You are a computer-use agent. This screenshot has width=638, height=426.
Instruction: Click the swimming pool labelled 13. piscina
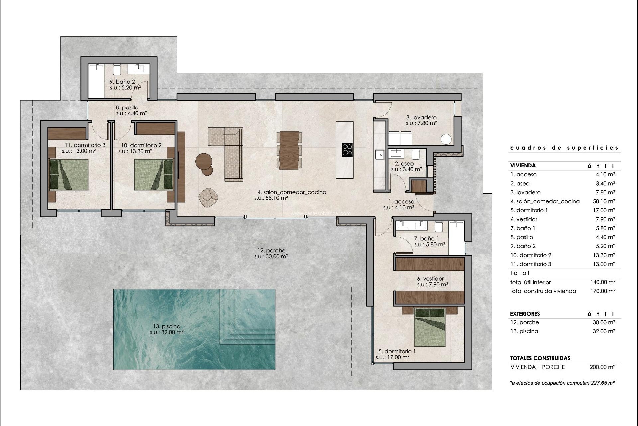pyautogui.click(x=194, y=329)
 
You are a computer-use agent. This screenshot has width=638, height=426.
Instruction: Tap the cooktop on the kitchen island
pyautogui.click(x=347, y=150)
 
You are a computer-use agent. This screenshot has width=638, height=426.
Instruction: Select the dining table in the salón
pyautogui.click(x=289, y=150)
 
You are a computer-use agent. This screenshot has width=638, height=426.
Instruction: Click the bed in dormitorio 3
pyautogui.click(x=69, y=175)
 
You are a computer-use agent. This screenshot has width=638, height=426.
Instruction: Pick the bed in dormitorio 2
pyautogui.click(x=154, y=175)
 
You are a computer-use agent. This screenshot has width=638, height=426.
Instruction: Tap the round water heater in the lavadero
pyautogui.click(x=446, y=139)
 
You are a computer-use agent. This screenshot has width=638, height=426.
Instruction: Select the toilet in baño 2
pyautogui.click(x=117, y=70)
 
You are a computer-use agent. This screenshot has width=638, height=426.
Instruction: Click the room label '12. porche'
pyautogui.click(x=271, y=251)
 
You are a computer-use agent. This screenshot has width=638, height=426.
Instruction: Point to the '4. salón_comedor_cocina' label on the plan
pyautogui.click(x=291, y=192)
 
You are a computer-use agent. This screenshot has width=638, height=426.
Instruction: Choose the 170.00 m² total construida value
pyautogui.click(x=603, y=291)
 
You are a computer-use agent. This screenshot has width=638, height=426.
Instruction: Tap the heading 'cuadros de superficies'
pyautogui.click(x=564, y=148)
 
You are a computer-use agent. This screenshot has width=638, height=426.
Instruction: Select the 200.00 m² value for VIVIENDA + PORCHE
pyautogui.click(x=603, y=367)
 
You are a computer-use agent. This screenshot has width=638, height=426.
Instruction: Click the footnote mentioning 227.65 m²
pyautogui.click(x=562, y=383)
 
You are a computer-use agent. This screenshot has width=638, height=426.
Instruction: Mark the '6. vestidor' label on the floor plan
pyautogui.click(x=430, y=279)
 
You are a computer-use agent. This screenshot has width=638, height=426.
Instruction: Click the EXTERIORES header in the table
pyautogui.click(x=525, y=314)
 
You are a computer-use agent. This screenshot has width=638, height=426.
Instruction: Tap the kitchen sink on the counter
pyautogui.click(x=379, y=155)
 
